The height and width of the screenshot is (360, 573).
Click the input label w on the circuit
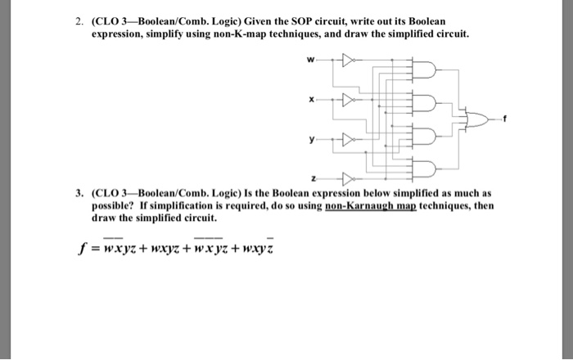click(x=309, y=58)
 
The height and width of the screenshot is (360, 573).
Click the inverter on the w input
click(x=345, y=59)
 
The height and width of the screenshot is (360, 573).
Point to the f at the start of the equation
click(x=77, y=249)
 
